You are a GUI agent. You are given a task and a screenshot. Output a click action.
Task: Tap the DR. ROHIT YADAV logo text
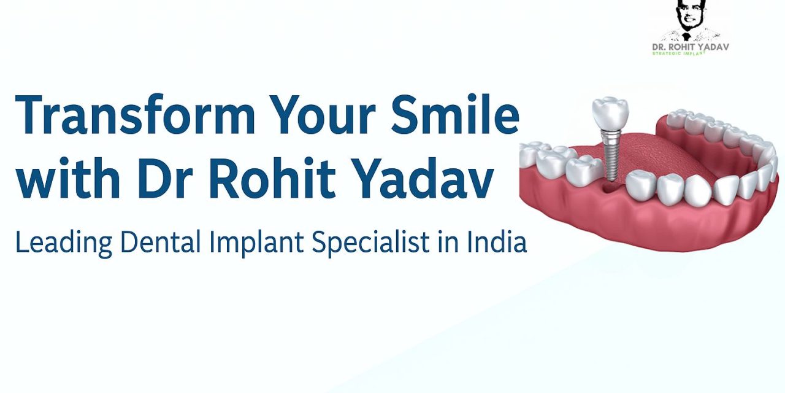(691, 47)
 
